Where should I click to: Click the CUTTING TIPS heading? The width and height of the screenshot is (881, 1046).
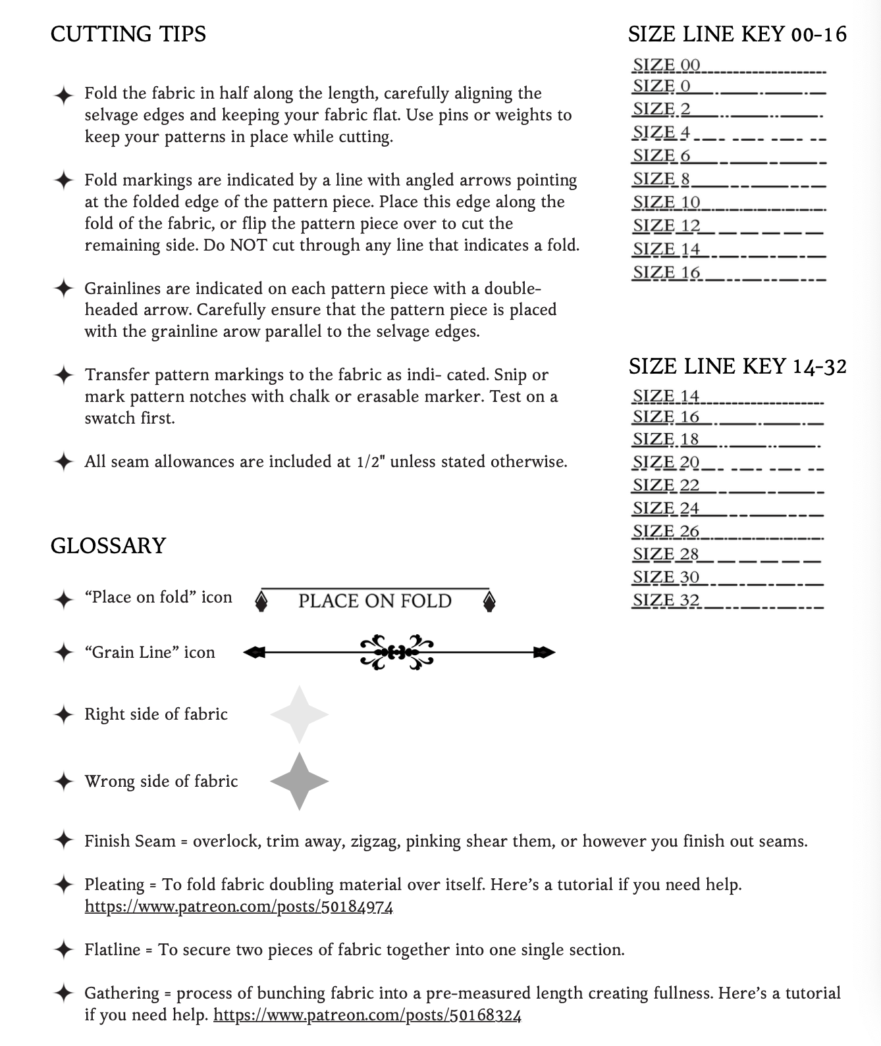click(128, 34)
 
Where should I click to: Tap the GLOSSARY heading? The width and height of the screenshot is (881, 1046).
click(108, 545)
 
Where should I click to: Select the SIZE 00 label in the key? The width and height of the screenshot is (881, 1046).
click(666, 65)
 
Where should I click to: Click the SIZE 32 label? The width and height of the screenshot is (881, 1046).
click(666, 600)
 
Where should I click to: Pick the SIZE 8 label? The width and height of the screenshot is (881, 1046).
click(661, 179)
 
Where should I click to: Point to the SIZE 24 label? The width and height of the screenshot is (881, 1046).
click(666, 508)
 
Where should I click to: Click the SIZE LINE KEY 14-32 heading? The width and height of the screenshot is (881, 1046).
click(737, 366)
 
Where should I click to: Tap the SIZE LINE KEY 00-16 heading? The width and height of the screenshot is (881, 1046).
click(737, 34)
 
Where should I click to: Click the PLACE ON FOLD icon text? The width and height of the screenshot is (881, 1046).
click(375, 601)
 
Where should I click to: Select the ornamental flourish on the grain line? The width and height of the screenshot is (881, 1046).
click(398, 653)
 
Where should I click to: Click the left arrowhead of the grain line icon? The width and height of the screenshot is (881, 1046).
click(254, 653)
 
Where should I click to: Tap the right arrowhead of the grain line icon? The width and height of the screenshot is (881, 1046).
click(545, 653)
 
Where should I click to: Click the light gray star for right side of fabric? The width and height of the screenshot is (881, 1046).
click(300, 714)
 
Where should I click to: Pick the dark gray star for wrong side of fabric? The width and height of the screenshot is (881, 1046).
click(300, 781)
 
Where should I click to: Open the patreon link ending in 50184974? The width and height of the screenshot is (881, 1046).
click(239, 907)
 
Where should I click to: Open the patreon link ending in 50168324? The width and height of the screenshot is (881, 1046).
click(367, 1015)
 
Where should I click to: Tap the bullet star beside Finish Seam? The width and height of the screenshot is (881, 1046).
click(63, 841)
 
